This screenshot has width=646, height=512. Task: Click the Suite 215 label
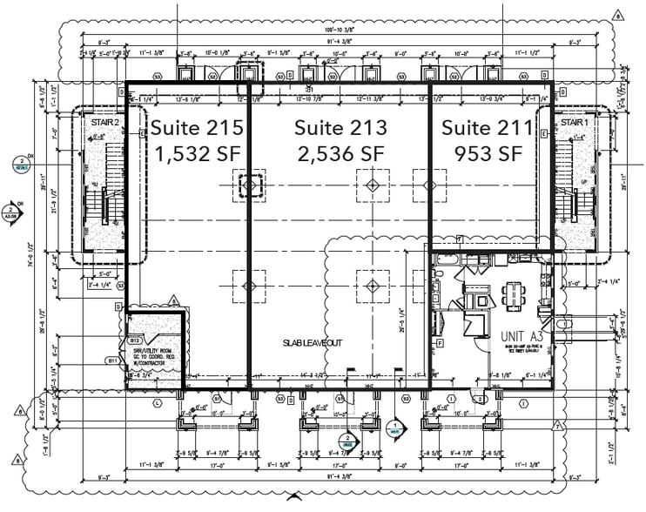(x=197, y=127)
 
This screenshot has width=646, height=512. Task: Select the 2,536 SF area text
(x=340, y=153)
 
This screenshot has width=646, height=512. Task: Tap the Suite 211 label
(x=487, y=128)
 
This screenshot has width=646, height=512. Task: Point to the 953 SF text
(x=488, y=153)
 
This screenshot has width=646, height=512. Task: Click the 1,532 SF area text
(x=197, y=153)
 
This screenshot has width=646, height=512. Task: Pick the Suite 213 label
(x=340, y=127)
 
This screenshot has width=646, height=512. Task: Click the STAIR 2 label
(x=104, y=124)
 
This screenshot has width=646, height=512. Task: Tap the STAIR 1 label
(x=574, y=124)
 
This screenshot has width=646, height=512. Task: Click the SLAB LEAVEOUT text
(x=311, y=343)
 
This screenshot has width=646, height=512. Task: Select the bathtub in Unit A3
(x=446, y=260)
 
